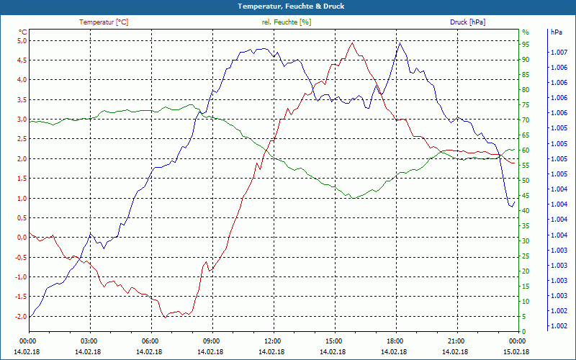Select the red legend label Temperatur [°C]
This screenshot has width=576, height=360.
point(104,22)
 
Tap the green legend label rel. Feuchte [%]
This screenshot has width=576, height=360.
point(287,22)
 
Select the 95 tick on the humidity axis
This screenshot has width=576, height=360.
point(526,44)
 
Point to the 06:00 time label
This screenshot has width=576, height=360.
point(150,341)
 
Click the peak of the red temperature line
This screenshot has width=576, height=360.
point(352,42)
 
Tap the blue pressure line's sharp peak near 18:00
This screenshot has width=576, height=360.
point(400,42)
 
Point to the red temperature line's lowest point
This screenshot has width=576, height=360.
point(165,317)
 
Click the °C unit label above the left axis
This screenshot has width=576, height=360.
point(22,32)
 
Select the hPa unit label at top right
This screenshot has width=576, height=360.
point(557,32)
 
